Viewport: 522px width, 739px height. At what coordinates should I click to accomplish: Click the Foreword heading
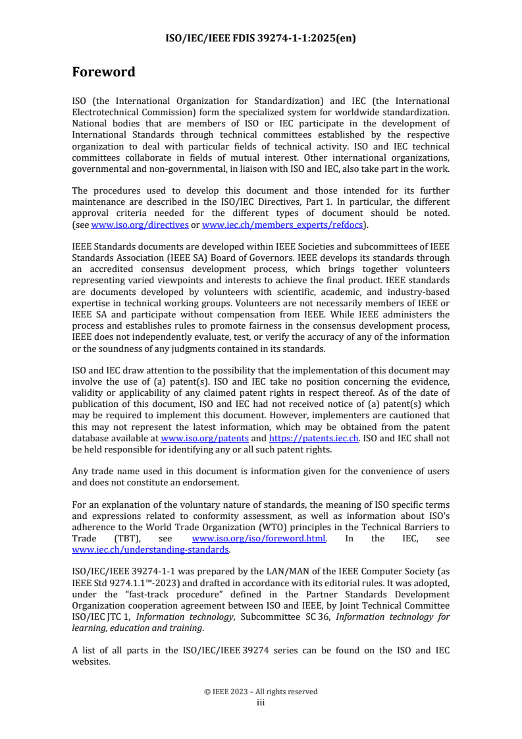click(x=103, y=72)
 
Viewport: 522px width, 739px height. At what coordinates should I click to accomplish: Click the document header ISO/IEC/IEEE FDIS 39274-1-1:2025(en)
click(x=261, y=38)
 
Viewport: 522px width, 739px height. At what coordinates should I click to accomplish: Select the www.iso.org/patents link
click(x=205, y=438)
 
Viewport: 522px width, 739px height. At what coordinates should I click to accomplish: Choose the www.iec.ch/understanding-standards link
click(x=150, y=549)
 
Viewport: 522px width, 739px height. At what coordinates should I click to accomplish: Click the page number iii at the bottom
click(x=261, y=702)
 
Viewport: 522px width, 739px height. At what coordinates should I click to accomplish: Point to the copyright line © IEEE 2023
click(x=261, y=692)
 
